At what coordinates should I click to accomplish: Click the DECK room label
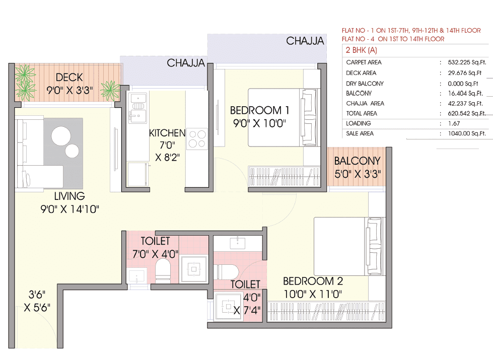tap(69, 78)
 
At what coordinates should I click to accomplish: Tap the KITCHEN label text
tap(167, 133)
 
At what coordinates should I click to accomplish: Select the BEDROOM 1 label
tap(260, 110)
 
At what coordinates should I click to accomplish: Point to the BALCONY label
tap(357, 162)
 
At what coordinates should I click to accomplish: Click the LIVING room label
tap(69, 196)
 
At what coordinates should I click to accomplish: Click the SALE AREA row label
tap(361, 134)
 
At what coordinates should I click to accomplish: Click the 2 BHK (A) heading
tap(361, 50)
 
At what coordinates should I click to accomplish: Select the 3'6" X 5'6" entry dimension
tap(37, 301)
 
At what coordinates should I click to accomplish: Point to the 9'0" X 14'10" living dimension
tap(69, 208)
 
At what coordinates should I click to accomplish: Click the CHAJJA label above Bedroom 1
tap(305, 41)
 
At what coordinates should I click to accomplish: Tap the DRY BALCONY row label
tap(365, 83)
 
